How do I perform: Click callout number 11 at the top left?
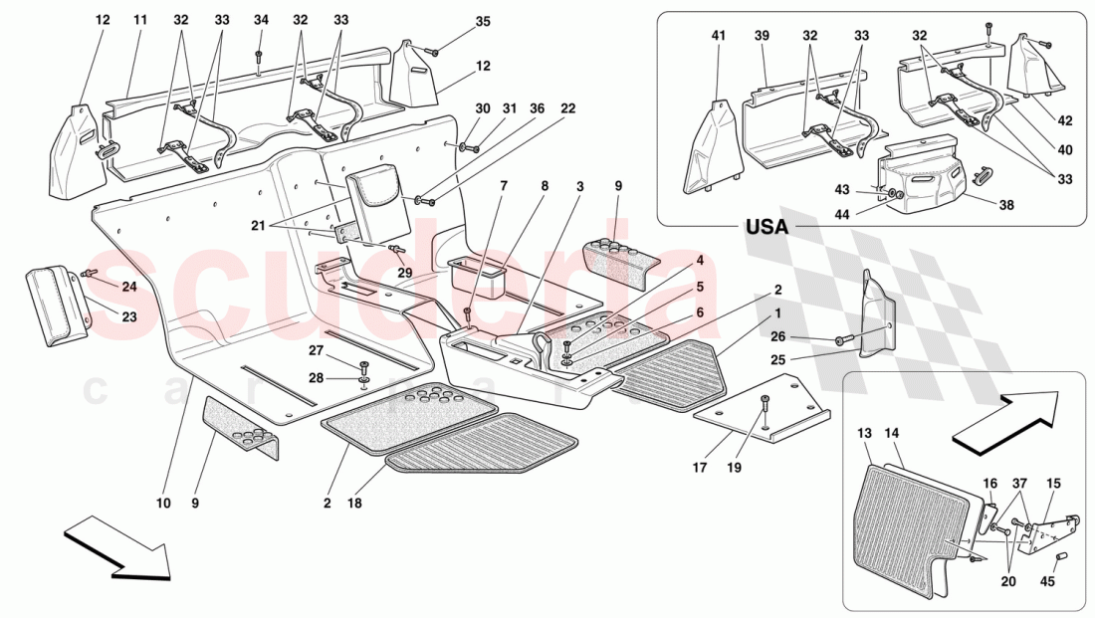coord(140,19)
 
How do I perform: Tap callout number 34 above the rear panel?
coord(261,19)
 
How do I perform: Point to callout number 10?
coord(162,504)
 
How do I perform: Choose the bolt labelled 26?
coord(844,340)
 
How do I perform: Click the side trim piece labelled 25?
coord(876,312)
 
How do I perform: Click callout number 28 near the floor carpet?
coord(317,377)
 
